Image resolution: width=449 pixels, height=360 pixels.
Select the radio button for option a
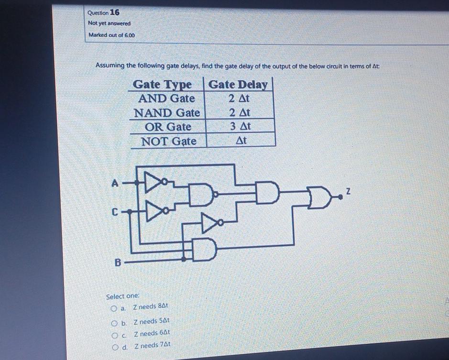click(x=114, y=307)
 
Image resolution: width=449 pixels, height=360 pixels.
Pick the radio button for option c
click(x=115, y=335)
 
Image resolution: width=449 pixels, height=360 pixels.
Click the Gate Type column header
click(x=162, y=85)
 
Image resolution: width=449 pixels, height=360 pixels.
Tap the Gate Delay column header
click(x=238, y=85)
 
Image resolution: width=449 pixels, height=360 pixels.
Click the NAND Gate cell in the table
click(x=166, y=113)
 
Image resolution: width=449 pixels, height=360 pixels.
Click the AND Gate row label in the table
click(x=166, y=99)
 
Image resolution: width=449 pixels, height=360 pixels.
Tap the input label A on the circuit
click(x=114, y=182)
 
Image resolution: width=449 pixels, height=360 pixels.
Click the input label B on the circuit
click(x=118, y=262)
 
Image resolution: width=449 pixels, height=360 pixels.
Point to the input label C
click(x=115, y=211)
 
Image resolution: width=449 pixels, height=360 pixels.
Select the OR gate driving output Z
click(x=321, y=196)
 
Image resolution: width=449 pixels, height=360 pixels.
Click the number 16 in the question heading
click(x=115, y=12)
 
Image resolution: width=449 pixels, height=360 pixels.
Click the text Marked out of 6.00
click(x=112, y=35)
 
